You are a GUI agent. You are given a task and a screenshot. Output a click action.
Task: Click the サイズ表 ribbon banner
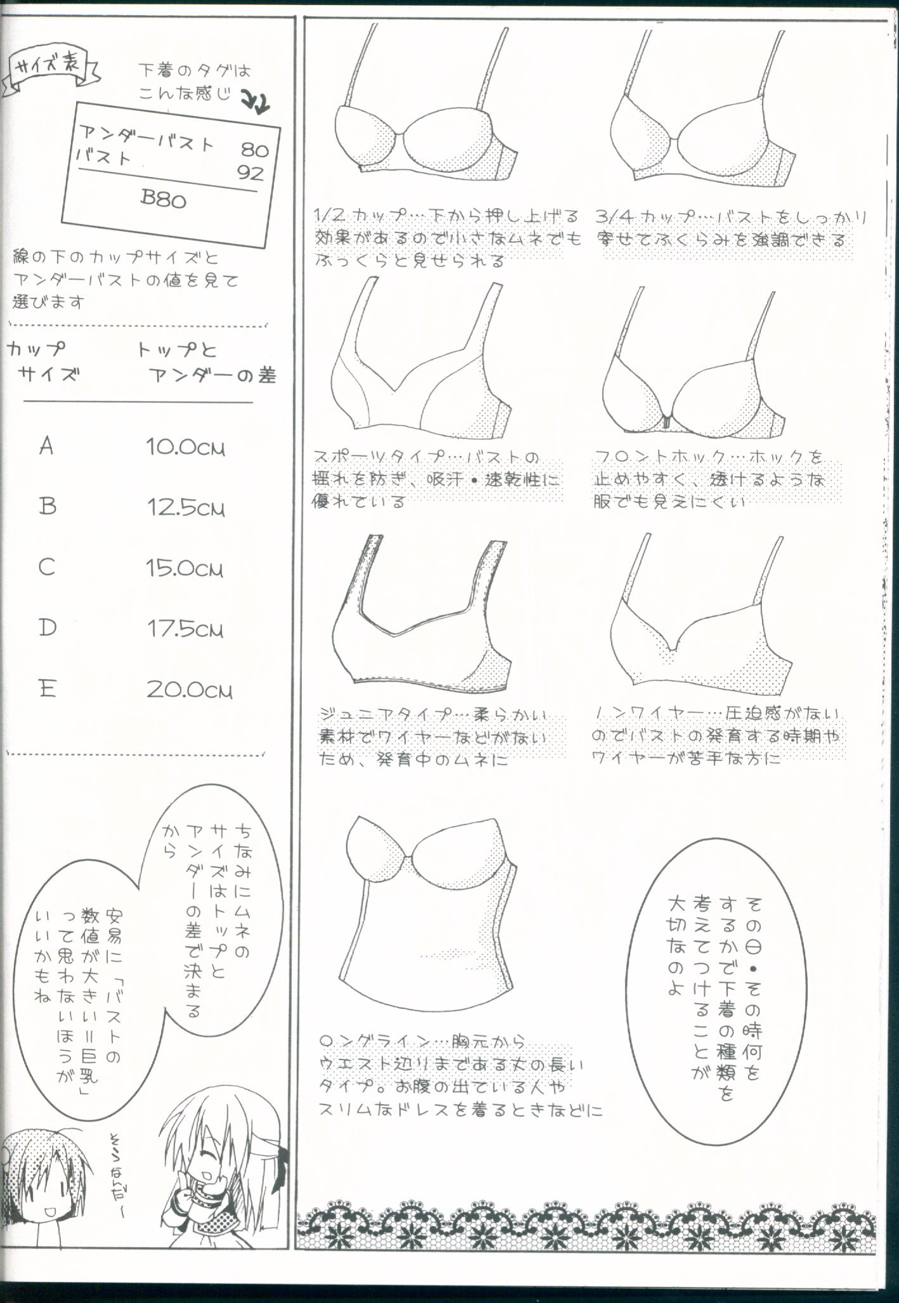pyautogui.click(x=53, y=70)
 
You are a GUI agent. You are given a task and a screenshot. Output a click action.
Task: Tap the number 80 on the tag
pyautogui.click(x=254, y=150)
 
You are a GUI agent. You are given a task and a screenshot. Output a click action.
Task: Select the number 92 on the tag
pyautogui.click(x=250, y=172)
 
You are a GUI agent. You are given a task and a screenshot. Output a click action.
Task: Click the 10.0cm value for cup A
pyautogui.click(x=185, y=448)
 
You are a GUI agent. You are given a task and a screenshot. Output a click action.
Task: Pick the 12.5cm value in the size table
pyautogui.click(x=185, y=508)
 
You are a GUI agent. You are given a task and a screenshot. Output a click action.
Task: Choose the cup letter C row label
pyautogui.click(x=47, y=567)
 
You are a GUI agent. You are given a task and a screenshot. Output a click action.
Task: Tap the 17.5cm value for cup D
pyautogui.click(x=185, y=629)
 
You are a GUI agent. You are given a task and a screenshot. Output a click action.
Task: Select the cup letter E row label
pyautogui.click(x=48, y=688)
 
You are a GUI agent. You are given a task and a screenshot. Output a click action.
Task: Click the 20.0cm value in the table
pyautogui.click(x=189, y=690)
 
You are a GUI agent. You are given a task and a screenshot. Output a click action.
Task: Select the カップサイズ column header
pyautogui.click(x=44, y=361)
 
